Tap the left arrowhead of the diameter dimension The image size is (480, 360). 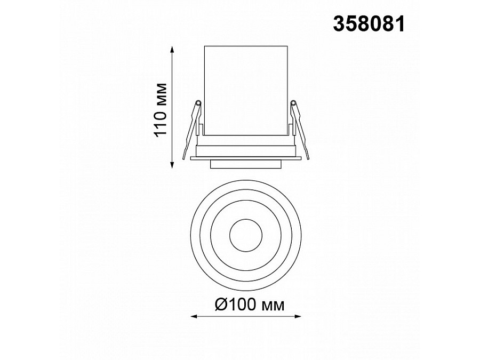pos(193,317)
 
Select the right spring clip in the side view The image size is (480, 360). pos(299,128)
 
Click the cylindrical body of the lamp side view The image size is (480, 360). pos(246,91)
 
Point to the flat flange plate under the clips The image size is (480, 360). pos(246,157)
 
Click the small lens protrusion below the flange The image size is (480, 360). pos(246,164)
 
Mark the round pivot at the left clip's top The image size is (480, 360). pos(198,102)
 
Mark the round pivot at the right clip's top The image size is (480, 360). pos(294,102)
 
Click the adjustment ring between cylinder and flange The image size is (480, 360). pos(246,150)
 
